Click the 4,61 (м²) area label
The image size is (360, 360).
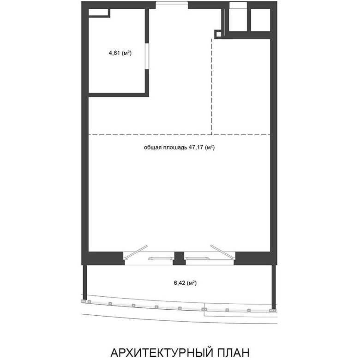(120, 54)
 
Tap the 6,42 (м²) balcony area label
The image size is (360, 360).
(185, 283)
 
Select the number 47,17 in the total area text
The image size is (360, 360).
(196, 147)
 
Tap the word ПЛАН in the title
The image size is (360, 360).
(232, 353)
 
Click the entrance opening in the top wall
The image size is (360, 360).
(172, 3)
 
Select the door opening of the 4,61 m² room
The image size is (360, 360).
(147, 56)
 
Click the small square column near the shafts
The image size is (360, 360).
(219, 35)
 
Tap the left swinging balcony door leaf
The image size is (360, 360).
(135, 252)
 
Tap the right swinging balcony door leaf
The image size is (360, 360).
(223, 252)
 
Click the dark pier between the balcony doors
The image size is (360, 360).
(179, 258)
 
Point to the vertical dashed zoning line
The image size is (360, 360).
(212, 86)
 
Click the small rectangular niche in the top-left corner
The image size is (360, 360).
(98, 12)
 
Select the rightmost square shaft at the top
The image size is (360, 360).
(260, 20)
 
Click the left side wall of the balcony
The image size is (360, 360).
(85, 282)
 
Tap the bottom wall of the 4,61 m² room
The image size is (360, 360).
(119, 95)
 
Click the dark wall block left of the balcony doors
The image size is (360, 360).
(105, 258)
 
